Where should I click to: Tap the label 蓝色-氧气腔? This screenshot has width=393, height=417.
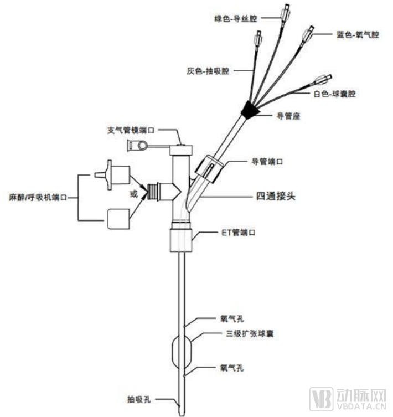[358, 34]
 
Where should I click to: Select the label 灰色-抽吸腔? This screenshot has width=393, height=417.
[209, 71]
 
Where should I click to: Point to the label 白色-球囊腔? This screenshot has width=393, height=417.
[334, 94]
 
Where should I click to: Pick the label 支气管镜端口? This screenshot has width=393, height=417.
[130, 131]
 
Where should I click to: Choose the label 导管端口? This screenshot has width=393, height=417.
[267, 162]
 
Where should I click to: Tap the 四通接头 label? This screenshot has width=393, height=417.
[276, 195]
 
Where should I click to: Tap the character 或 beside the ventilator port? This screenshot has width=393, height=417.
[133, 193]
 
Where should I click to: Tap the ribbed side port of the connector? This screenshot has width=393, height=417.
[153, 192]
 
